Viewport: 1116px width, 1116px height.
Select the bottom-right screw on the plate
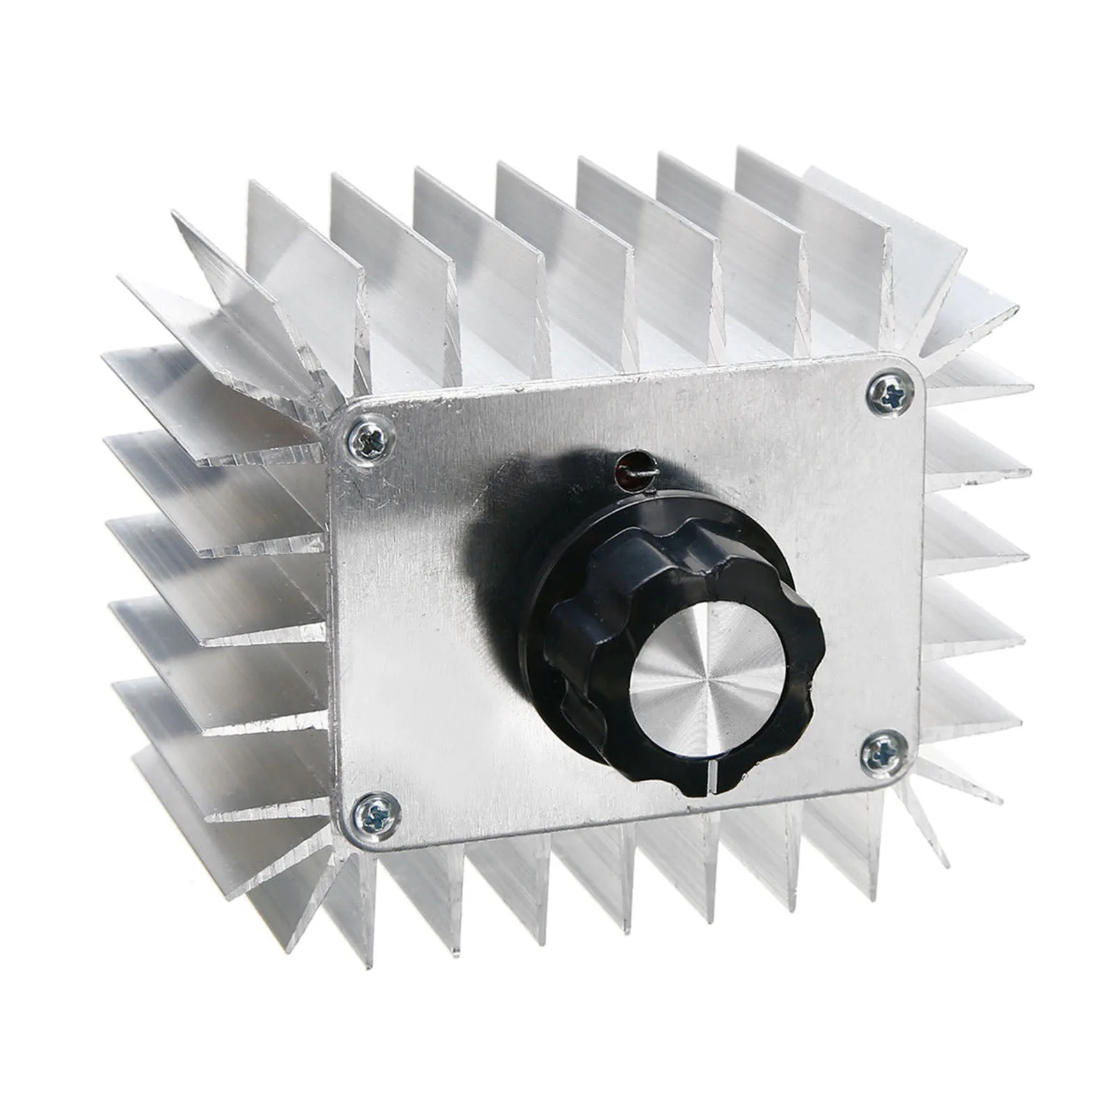(884, 753)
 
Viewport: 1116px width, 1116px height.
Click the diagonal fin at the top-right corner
(976, 307)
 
